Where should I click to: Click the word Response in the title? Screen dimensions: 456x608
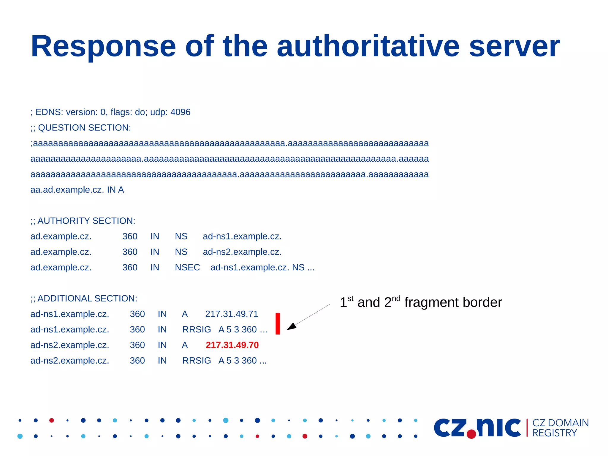coord(103,47)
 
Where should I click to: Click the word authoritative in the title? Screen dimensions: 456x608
coord(368,47)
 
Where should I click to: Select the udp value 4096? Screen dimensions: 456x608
coord(180,112)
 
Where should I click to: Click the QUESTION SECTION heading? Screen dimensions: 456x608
coord(81,128)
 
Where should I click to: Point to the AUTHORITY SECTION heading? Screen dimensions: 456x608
coord(83,221)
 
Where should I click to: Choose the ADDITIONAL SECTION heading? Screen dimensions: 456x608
coord(84,299)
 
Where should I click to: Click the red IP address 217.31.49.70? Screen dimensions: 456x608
coord(232,345)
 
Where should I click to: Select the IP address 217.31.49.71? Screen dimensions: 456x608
coord(232,314)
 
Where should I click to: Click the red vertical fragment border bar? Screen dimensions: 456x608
coord(278,324)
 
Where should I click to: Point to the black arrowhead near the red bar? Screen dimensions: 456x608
coord(292,326)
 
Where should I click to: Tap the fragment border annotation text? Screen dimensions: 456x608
coord(421,302)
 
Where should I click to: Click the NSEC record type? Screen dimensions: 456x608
coord(187,268)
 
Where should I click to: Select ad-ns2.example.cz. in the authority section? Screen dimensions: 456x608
coord(242,252)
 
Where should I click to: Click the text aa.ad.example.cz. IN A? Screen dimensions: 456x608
coord(77,190)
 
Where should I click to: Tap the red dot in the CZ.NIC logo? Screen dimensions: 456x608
coord(471,434)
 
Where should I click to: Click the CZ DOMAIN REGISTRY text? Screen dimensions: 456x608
coord(560,428)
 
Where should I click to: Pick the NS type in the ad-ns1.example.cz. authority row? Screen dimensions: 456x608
coord(181,236)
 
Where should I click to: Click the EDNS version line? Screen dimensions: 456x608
coord(110,112)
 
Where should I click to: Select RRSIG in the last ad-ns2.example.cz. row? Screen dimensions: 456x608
coord(197,361)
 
